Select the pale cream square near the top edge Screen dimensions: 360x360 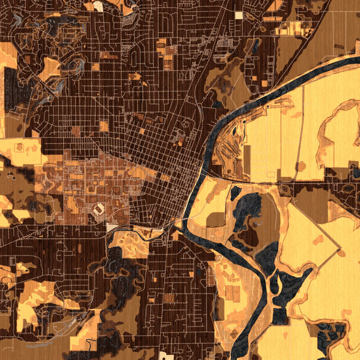[239, 15]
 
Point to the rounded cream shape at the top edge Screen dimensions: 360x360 [98, 6]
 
